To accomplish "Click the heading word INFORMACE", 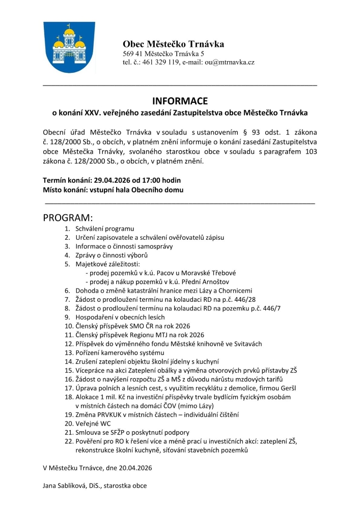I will (180, 101).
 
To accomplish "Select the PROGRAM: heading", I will (68, 218).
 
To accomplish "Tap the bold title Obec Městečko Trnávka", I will (173, 44).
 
